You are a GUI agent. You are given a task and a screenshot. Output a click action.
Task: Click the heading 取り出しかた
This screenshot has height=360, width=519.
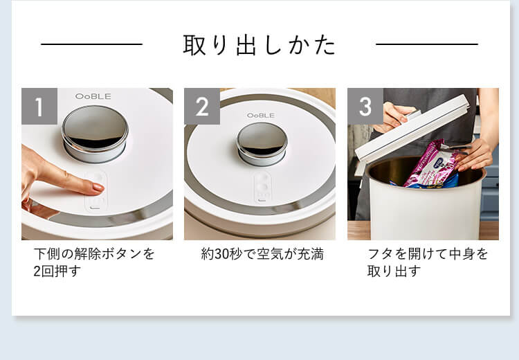pos(259,45)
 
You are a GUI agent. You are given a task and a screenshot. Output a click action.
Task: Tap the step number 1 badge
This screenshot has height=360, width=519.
pos(39,106)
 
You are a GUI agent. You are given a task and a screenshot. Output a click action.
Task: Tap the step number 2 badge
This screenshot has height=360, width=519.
pos(202,106)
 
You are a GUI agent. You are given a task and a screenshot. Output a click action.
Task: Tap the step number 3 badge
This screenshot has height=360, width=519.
pos(365,106)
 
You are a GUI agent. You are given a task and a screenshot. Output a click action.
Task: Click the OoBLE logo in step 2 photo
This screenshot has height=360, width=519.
pos(261,115)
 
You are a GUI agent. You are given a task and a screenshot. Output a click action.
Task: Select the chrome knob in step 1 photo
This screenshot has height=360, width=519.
pos(95,131)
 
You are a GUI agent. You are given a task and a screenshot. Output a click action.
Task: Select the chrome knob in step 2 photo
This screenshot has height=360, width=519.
pos(262,143)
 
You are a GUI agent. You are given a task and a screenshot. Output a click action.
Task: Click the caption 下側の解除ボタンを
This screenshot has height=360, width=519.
pos(95,254)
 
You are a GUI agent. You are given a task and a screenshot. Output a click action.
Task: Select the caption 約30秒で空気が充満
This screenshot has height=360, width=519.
pos(262,254)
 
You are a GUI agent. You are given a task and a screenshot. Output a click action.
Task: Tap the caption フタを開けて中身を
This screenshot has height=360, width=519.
pos(428,254)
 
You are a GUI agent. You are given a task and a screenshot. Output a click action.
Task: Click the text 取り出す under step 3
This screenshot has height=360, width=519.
pos(394,271)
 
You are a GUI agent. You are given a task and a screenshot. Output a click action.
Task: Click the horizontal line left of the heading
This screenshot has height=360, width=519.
pos(91,44)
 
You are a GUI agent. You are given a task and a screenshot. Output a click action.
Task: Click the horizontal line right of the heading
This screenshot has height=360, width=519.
pos(426,44)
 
